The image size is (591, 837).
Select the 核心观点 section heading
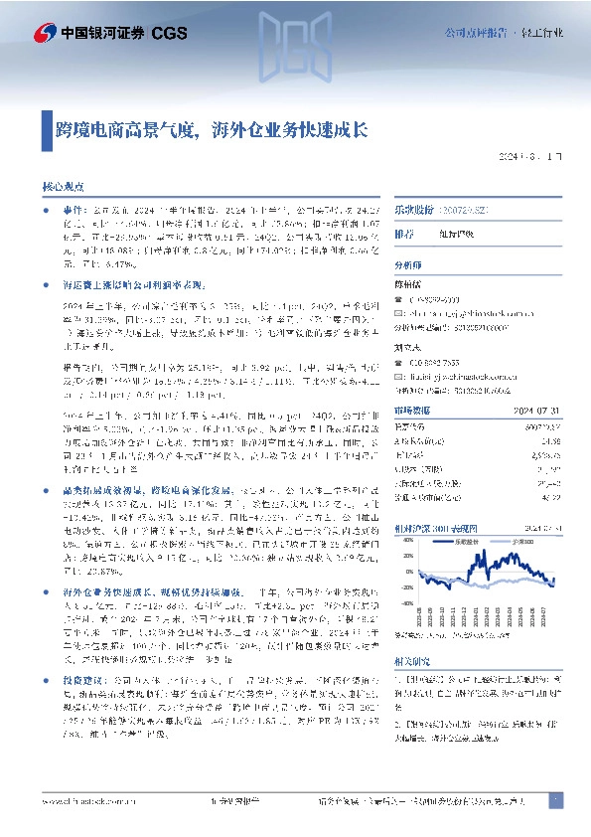63,186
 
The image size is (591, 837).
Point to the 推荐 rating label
404,235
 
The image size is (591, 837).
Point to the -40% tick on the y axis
402,602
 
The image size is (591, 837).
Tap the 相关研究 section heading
412,659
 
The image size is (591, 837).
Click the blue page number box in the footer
555,799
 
